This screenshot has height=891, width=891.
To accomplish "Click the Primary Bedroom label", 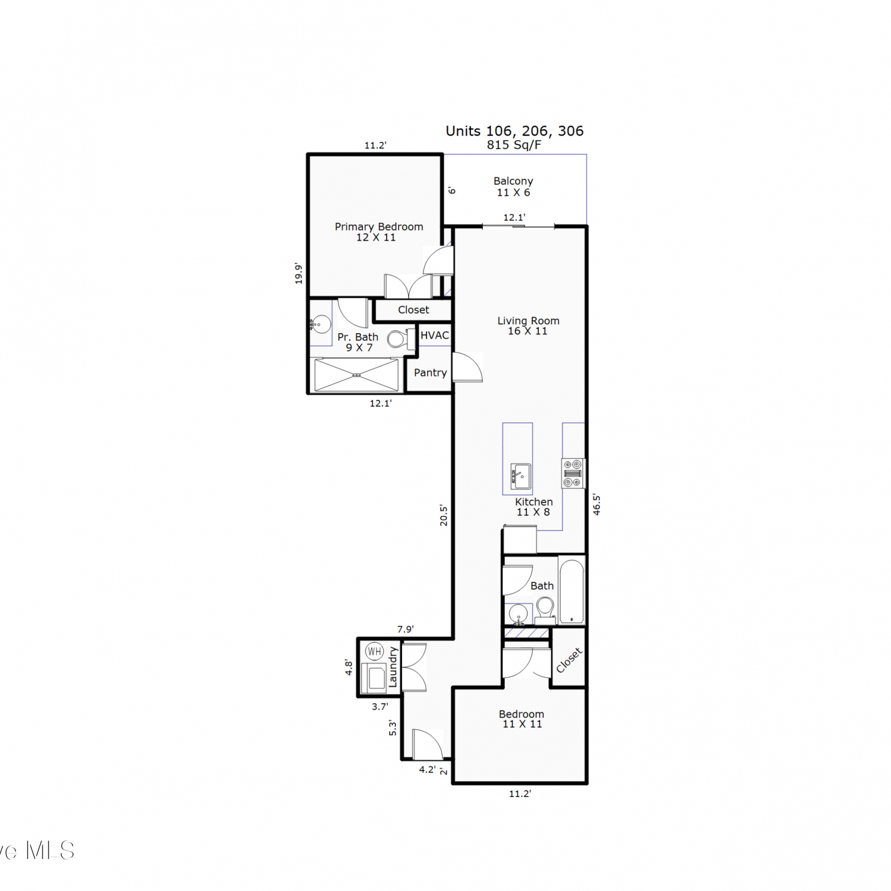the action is pos(379,226).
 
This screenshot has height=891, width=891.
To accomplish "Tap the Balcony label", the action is pos(513,181).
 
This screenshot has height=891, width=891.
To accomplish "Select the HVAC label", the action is pos(435,335).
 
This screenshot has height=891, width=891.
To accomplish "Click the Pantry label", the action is pos(430,372).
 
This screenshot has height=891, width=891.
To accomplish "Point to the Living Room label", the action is pos(528,321).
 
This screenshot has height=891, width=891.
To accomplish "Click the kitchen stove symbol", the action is pos(573,473).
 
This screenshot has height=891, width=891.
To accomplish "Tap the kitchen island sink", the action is pos(521,476).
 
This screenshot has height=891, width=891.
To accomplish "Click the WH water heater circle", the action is pos(374,652).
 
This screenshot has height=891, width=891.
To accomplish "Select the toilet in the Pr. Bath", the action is pos(401,339).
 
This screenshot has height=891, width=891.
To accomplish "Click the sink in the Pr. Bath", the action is pos(320,324).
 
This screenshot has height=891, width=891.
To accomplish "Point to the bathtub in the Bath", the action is pos(571,591).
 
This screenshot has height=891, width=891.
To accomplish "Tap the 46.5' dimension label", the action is pos(596,504).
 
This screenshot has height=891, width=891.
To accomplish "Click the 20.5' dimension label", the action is pos(443,516).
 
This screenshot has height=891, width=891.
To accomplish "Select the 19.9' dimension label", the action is pos(299,274).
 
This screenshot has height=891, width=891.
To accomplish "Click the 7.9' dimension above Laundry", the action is pos(406,629).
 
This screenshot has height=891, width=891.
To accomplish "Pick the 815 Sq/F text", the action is pos(514,145).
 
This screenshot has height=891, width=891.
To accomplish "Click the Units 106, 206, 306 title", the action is pos(515,131).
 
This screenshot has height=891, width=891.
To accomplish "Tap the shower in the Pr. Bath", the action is pos(356,375).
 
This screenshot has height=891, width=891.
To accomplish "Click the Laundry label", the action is pos(393,668).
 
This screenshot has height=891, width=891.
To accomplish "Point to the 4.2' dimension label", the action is pos(427,769).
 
